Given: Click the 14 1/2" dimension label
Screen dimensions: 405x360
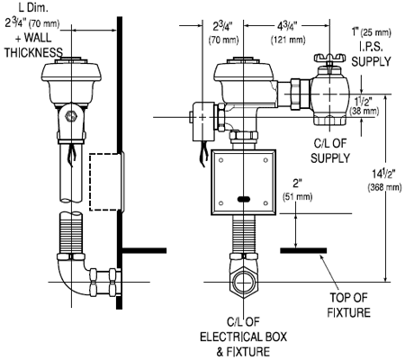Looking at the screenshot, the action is [x=383, y=174].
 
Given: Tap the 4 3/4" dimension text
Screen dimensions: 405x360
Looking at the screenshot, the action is [x=287, y=27].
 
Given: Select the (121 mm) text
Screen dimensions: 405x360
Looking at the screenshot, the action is [x=288, y=40].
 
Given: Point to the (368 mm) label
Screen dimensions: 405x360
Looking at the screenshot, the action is [x=384, y=187].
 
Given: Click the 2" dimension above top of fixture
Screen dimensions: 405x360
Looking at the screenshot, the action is [x=297, y=184].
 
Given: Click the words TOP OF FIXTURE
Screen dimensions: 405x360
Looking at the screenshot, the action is [x=348, y=305].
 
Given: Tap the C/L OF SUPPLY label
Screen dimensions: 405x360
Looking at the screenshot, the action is [x=330, y=151].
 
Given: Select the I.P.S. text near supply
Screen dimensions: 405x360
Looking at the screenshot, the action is [x=371, y=47].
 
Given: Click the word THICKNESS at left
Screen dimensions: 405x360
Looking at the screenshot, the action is [x=33, y=53].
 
